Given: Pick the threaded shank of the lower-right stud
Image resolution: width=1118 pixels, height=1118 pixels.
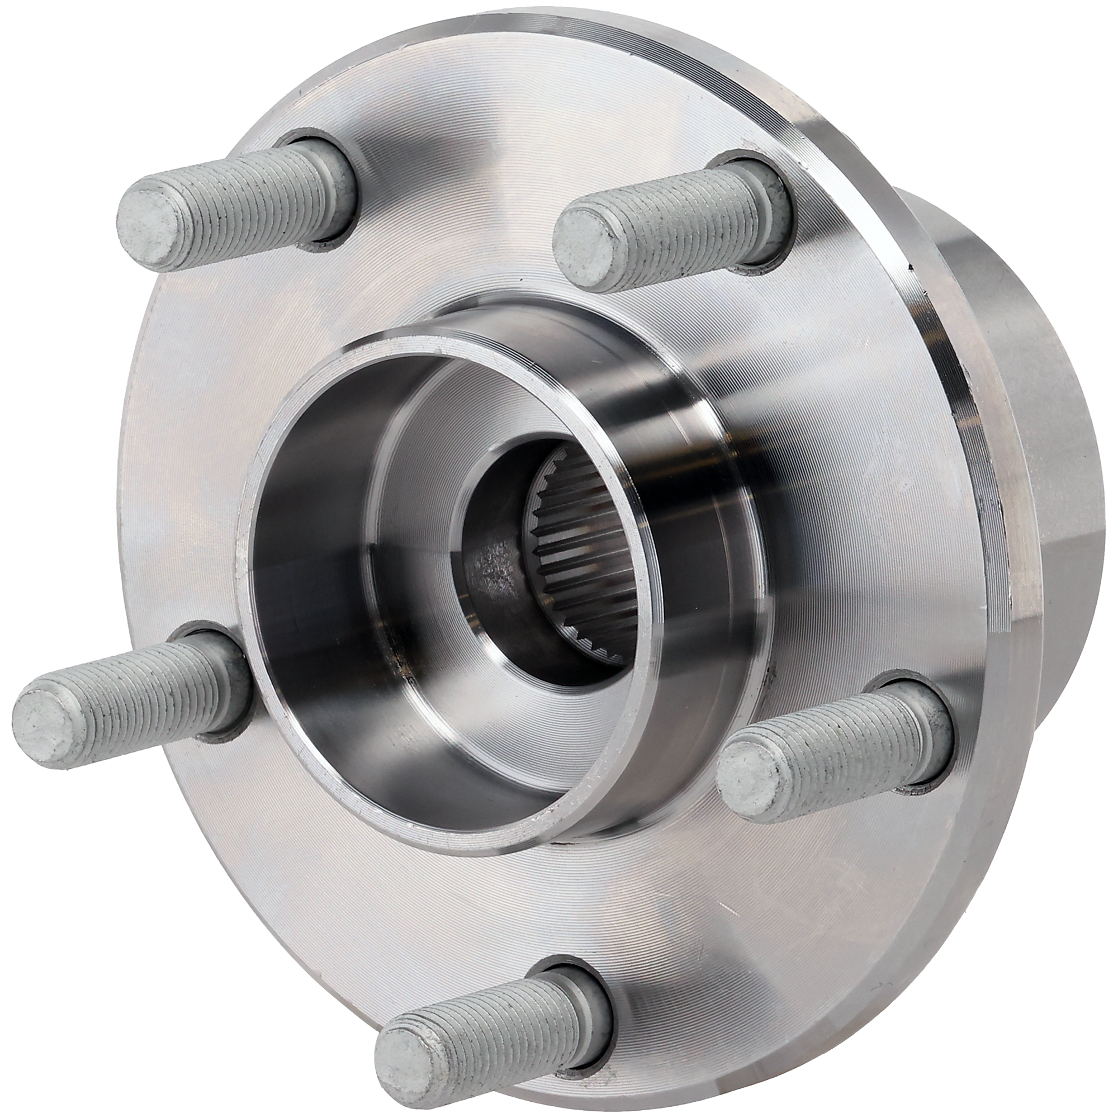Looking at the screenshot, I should click(839, 746).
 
